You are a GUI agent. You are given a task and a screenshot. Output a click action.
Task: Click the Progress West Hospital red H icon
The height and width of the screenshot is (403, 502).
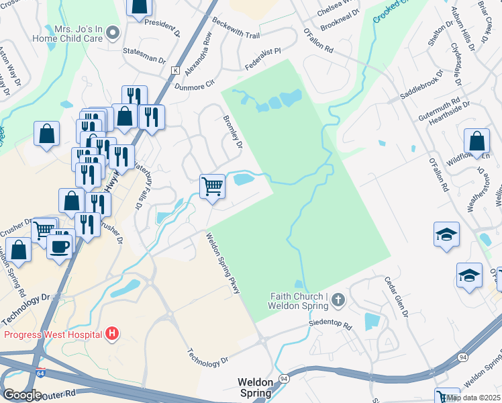point(112,333)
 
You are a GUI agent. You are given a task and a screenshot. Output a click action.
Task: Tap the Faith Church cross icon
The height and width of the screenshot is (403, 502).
point(338,301)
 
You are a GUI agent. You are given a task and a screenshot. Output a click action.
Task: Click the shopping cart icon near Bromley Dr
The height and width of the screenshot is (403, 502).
point(212,185)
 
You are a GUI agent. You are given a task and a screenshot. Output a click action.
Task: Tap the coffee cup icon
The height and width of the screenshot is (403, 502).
point(59,245)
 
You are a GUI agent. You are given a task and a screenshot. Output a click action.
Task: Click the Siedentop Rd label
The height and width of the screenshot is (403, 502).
point(329,325)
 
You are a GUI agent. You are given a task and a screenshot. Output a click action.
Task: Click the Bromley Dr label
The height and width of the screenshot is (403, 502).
point(232,131)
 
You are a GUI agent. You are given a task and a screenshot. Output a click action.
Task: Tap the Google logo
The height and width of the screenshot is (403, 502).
point(22,395)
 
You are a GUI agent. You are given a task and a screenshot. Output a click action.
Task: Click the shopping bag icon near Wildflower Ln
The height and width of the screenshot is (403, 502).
point(476,142)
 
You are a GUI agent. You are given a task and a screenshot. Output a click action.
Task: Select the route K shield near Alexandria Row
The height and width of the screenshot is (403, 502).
point(175,71)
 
